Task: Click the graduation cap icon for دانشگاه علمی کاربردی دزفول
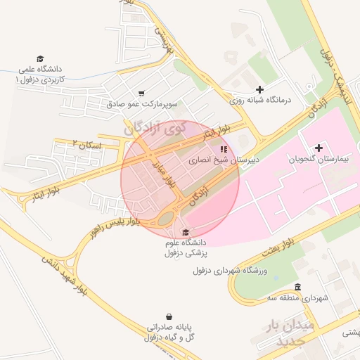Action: point(41,59)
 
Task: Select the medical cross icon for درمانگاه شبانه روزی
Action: point(259,89)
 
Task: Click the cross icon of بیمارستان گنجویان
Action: point(319,148)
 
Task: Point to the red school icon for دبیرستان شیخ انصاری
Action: point(224,149)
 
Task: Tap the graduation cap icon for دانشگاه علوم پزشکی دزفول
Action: point(185,233)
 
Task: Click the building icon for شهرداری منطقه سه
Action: point(297,287)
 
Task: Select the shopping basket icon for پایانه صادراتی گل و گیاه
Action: point(168,317)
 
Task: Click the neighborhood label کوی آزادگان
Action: point(155,128)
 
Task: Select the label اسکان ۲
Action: point(86,144)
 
